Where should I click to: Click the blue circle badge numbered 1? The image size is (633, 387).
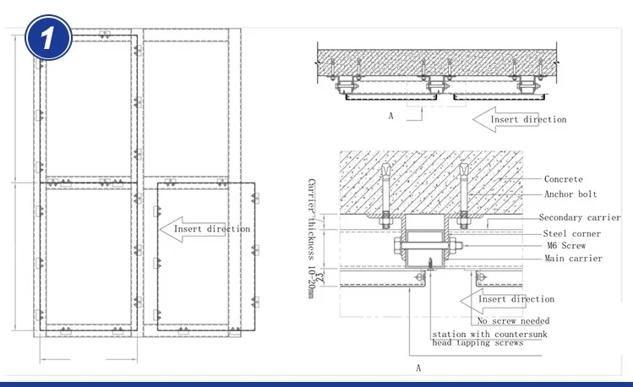(48, 37)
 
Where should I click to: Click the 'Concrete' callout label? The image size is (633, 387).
(563, 179)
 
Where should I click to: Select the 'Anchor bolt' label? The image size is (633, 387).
(570, 194)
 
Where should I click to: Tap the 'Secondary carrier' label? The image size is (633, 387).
(580, 217)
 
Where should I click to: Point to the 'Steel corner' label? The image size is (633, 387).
(571, 234)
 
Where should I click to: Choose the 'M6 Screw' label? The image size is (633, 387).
(566, 245)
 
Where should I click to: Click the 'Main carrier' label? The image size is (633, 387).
(573, 259)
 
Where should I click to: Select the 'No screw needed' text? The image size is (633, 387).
(513, 321)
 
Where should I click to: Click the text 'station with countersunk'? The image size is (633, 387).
(489, 334)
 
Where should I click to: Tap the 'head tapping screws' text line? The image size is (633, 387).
(477, 342)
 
